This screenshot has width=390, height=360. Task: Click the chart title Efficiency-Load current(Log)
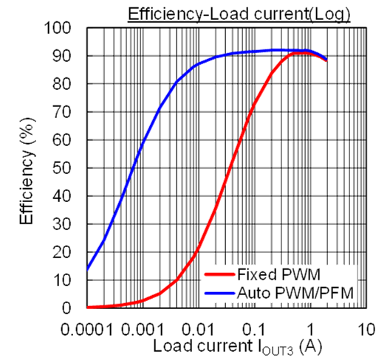coord(249,14)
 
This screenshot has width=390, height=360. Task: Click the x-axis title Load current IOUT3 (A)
coord(238,345)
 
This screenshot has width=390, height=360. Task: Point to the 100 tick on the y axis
coord(58,28)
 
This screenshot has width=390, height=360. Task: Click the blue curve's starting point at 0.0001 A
coord(88,269)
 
